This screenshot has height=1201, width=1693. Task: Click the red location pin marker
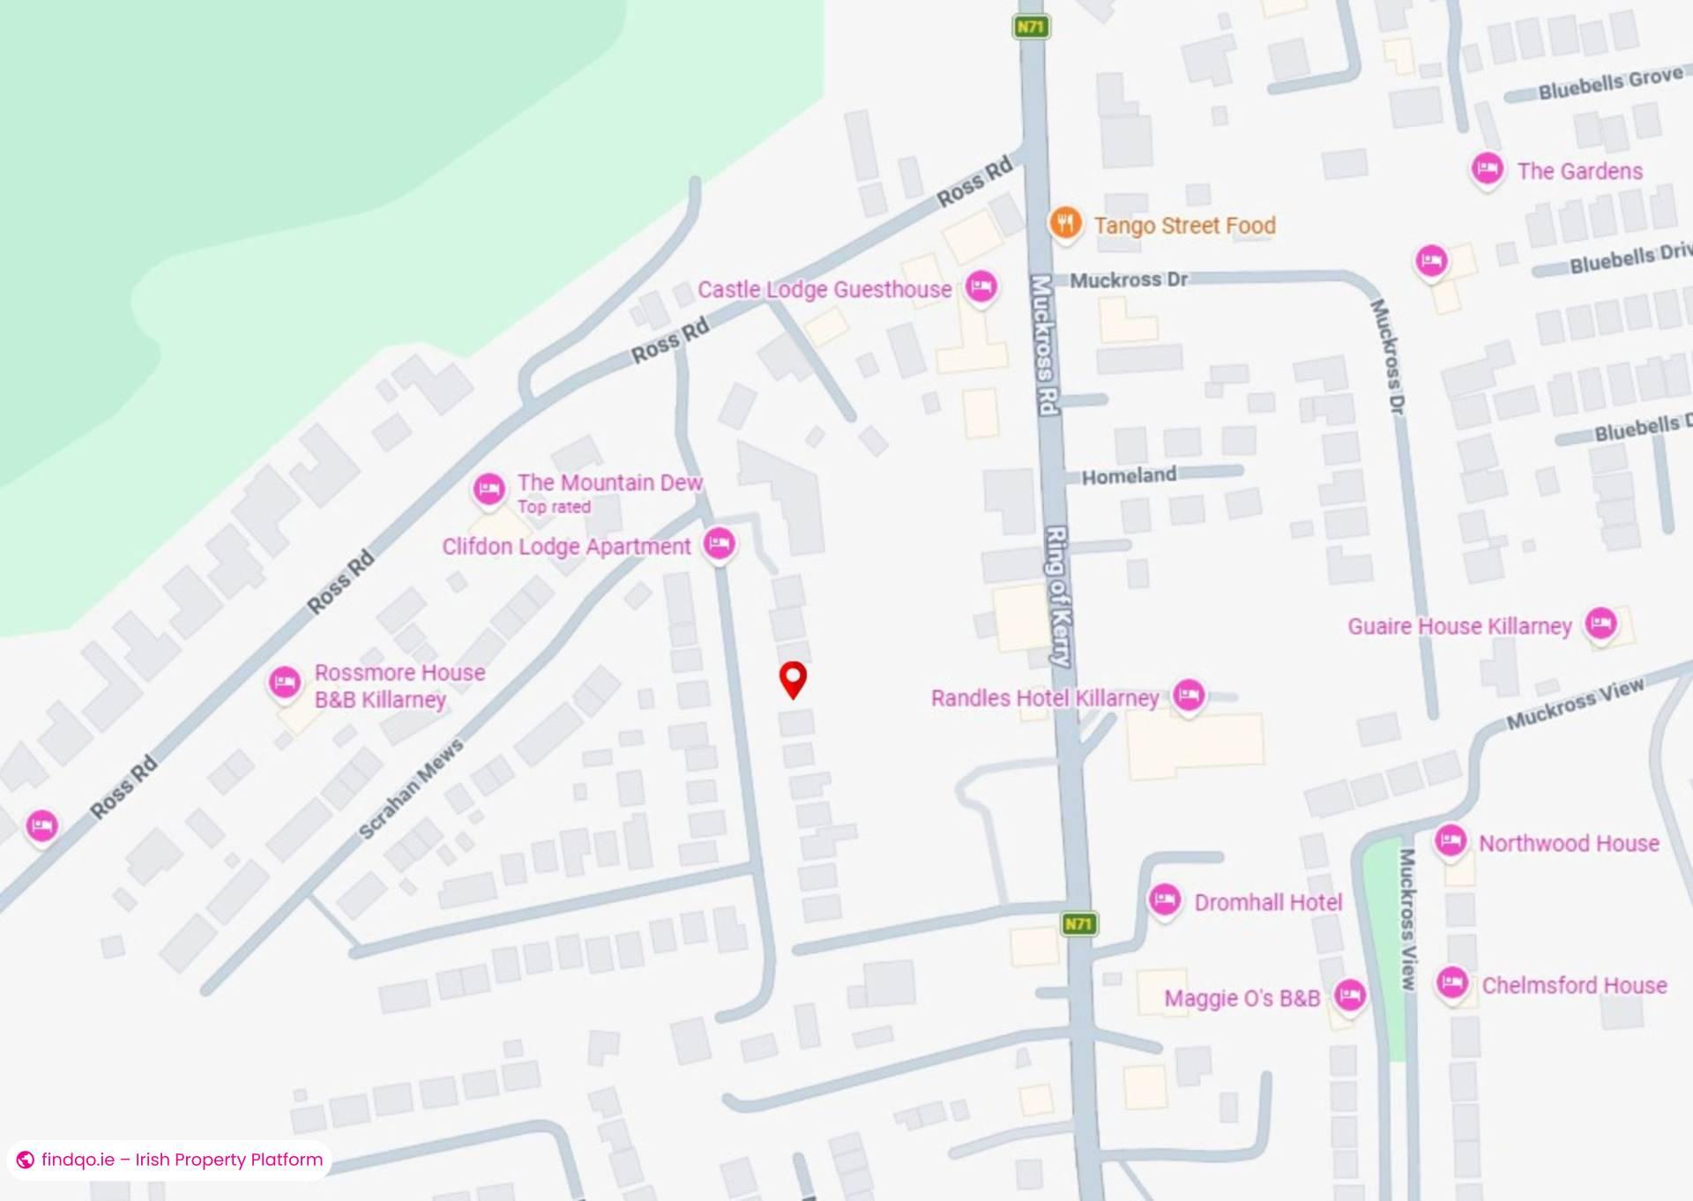point(794,678)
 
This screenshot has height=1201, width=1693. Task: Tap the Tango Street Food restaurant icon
point(1065,222)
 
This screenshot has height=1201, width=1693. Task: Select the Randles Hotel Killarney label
point(1045,698)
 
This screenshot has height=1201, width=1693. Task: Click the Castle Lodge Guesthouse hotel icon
point(981,287)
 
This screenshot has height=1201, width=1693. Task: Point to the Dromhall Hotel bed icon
point(1165,900)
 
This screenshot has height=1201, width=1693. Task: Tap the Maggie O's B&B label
point(1242,998)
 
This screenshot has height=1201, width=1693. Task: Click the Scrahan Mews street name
point(411,790)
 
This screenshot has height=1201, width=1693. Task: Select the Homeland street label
point(1129,476)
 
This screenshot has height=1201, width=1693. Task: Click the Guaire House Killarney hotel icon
point(1600,623)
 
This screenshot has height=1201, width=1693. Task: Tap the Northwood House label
point(1569,843)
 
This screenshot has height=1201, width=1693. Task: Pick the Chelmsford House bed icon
point(1451,982)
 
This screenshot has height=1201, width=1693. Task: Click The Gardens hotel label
point(1579,171)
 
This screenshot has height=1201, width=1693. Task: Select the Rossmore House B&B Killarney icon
point(285,683)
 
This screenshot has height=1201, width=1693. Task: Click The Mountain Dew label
point(609,482)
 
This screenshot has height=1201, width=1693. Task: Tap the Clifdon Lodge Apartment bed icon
point(720,543)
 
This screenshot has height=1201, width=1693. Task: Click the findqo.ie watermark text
point(182,1160)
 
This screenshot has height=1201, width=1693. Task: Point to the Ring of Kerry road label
point(1058,596)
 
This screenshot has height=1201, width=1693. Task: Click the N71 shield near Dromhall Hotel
point(1078,924)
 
